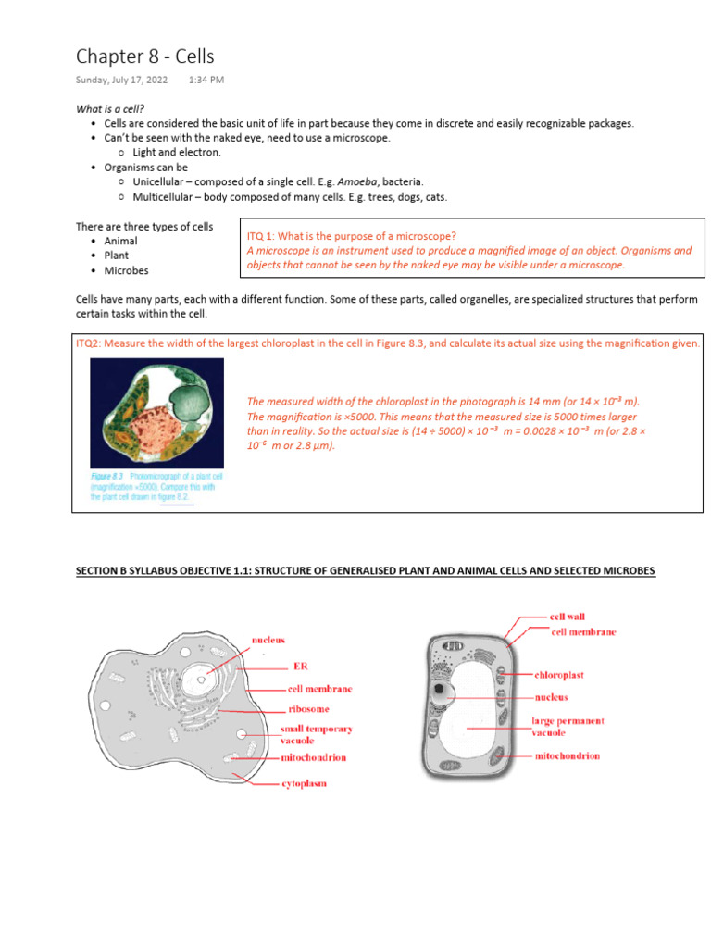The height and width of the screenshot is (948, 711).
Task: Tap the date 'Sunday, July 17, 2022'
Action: [x=121, y=81]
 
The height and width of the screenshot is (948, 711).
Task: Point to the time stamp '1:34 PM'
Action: [x=206, y=81]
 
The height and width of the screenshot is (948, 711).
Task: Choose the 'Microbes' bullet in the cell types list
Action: [x=126, y=270]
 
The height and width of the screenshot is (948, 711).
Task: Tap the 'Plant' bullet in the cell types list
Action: [x=117, y=256]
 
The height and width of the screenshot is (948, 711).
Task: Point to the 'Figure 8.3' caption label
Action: [x=107, y=476]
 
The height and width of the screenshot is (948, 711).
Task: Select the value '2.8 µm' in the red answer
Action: [x=315, y=445]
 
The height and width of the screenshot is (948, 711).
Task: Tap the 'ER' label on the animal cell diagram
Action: [x=300, y=666]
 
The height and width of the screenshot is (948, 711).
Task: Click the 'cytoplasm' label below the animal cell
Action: [x=304, y=783]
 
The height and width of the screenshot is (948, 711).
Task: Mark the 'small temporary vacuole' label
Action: [x=317, y=734]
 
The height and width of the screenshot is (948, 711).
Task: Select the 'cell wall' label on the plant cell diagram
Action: [x=567, y=617]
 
